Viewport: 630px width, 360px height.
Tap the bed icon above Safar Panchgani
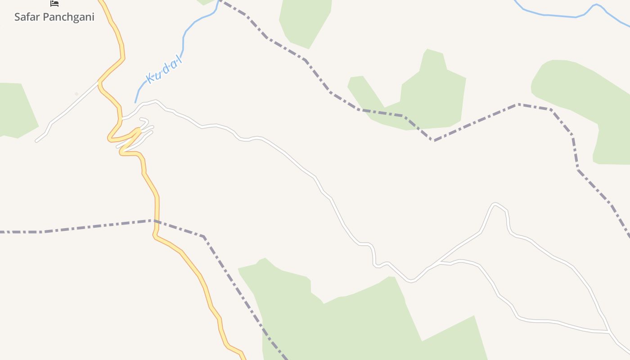54,4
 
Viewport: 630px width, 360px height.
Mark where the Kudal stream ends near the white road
135,102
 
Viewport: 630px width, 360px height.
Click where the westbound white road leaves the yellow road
99,82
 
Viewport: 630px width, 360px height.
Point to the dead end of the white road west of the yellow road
36,141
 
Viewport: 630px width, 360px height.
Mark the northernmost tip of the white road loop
495,204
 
